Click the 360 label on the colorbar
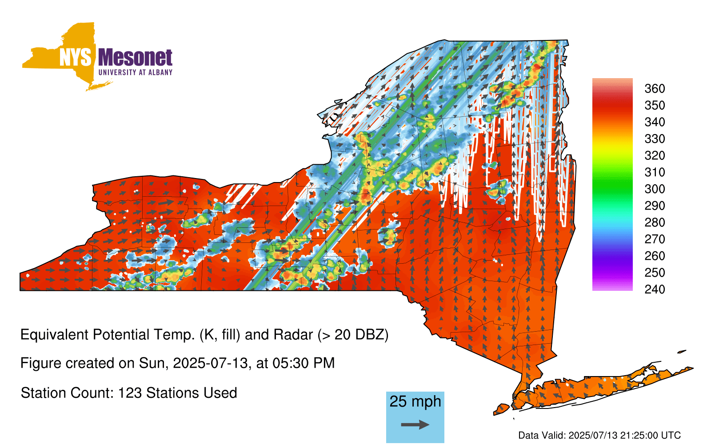coord(655,88)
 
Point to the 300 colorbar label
coord(655,189)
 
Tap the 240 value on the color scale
coord(655,289)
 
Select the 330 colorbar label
coord(655,139)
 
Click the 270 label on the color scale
coord(655,239)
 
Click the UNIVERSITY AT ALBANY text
coord(136,72)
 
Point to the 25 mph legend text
coord(415,402)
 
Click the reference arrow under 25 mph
coord(415,424)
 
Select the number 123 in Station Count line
coord(129,393)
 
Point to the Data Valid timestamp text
coord(599,435)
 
